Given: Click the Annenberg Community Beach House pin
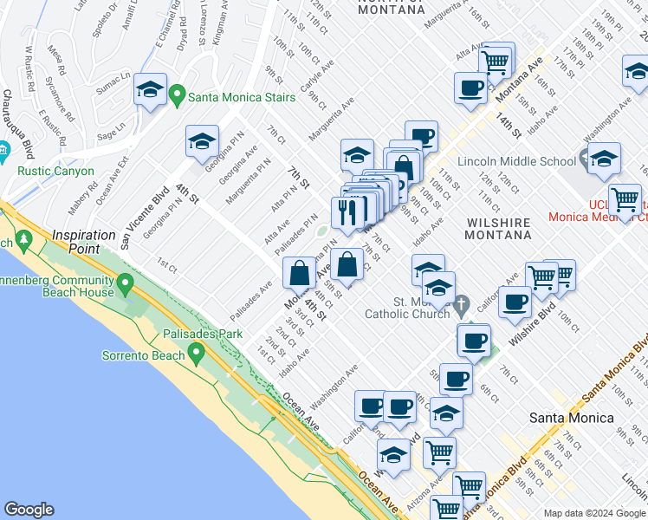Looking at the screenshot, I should (126, 283).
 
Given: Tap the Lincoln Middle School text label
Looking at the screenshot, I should (515, 161).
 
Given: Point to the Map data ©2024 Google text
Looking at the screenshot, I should (593, 513).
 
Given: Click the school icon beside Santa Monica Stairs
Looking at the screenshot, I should (150, 89).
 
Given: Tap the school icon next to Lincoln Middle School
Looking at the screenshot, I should (604, 158).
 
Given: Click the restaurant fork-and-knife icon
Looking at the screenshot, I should (347, 211).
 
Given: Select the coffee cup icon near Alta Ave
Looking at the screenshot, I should (470, 88).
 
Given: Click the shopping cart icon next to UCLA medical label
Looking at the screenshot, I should (625, 199).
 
